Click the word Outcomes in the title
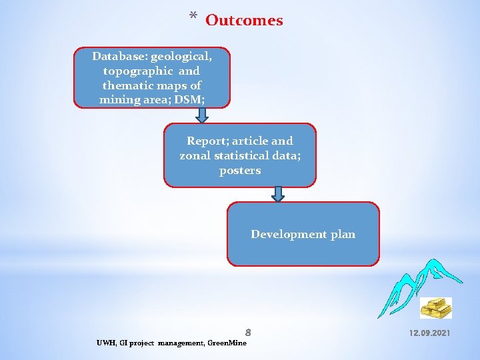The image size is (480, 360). pos(244,21)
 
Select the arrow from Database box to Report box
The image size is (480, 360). pos(201,115)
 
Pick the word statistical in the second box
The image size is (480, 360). pos(247,155)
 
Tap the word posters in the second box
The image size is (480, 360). pos(240,170)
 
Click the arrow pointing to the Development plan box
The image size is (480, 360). pos(279,194)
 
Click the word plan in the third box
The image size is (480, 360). pos(343,234)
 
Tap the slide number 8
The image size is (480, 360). pos(247,331)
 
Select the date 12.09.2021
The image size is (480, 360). pos(429,331)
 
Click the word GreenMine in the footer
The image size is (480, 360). pos(227,343)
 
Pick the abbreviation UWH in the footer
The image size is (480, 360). pos(105,343)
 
